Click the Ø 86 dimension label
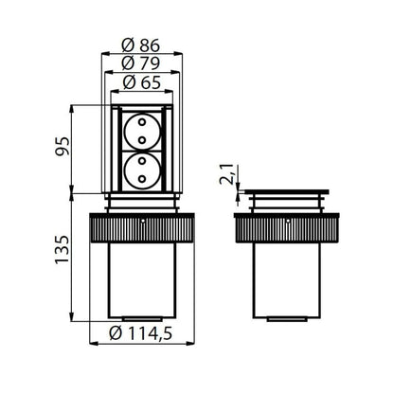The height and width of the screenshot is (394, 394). (141, 45)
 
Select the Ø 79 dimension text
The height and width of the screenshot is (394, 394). (141, 63)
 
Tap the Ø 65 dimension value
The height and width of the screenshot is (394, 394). (142, 82)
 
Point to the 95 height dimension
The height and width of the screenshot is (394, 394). (62, 146)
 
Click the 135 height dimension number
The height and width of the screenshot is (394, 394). (62, 249)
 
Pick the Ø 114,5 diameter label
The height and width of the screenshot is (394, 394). (141, 333)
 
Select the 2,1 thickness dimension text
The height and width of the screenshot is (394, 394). (227, 174)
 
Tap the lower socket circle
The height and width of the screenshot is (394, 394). (142, 170)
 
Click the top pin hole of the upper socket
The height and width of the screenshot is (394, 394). (142, 122)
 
